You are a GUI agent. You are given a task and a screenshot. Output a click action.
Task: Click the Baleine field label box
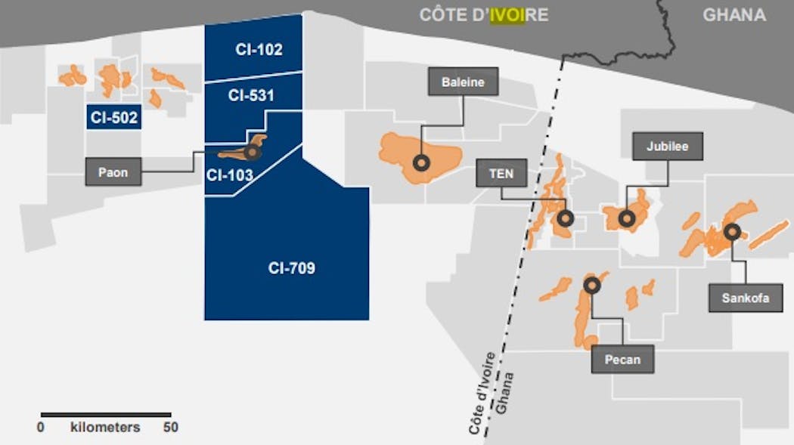463,82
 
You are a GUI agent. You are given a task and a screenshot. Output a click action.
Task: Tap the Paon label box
113,172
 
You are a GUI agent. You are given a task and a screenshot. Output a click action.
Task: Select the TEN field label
501,174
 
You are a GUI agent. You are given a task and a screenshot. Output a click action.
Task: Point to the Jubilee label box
668,147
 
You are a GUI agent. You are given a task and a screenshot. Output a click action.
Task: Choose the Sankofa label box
745,298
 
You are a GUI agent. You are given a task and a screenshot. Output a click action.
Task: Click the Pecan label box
622,360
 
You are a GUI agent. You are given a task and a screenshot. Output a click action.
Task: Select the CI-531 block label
251,96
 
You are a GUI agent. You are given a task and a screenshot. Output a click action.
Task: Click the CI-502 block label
113,118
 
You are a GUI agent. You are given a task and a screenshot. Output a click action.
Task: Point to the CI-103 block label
229,175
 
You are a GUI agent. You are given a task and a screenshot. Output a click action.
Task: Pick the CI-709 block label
291,267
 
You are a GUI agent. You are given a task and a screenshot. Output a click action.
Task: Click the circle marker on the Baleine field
421,162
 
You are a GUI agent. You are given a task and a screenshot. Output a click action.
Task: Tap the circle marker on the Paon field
251,152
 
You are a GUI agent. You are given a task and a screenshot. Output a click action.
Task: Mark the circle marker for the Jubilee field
626,218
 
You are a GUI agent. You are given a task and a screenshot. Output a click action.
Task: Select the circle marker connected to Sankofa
731,232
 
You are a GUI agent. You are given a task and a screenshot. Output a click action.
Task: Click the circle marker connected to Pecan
592,285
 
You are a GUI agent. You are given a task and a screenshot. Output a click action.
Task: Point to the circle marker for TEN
565,218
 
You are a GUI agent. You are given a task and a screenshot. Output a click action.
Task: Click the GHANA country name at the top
734,15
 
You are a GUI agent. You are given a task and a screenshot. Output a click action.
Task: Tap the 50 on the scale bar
170,427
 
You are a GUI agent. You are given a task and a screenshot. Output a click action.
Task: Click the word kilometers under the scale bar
105,427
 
